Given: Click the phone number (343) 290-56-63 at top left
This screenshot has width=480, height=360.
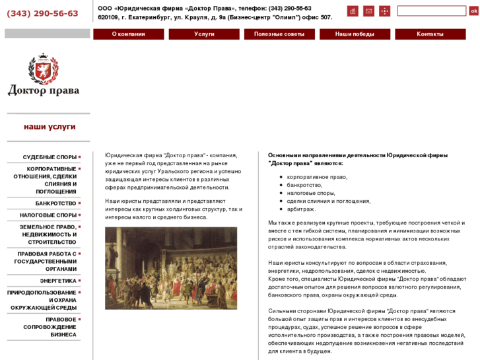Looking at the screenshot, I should [42, 13].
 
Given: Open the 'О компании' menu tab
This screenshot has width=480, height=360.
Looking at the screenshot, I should [128, 34].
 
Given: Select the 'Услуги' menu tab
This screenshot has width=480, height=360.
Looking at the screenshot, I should [204, 34].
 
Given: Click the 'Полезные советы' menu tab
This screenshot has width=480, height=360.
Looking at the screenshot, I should [279, 34].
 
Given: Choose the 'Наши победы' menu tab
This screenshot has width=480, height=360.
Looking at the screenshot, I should [355, 34].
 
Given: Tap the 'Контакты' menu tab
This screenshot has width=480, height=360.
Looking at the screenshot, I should [430, 34].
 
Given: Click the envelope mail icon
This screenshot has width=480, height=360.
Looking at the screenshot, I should [368, 11].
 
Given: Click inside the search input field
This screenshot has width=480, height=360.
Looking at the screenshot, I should [432, 11].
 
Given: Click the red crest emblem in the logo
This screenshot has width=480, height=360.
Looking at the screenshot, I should [43, 69].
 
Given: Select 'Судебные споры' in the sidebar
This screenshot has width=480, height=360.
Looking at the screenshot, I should [50, 157].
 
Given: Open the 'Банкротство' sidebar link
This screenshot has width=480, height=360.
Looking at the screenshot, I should [56, 203].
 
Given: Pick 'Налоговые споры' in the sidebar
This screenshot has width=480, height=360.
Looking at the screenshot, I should [48, 215].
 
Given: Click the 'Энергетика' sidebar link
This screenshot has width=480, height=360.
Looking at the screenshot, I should [58, 281].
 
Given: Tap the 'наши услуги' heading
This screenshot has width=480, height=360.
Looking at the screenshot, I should [50, 126].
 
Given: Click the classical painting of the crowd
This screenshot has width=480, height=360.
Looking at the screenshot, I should [170, 268].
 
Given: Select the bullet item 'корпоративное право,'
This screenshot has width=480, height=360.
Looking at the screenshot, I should [317, 177].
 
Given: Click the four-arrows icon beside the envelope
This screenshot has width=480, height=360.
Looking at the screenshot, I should [384, 11].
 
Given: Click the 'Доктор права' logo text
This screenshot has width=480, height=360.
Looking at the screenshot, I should [43, 90].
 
